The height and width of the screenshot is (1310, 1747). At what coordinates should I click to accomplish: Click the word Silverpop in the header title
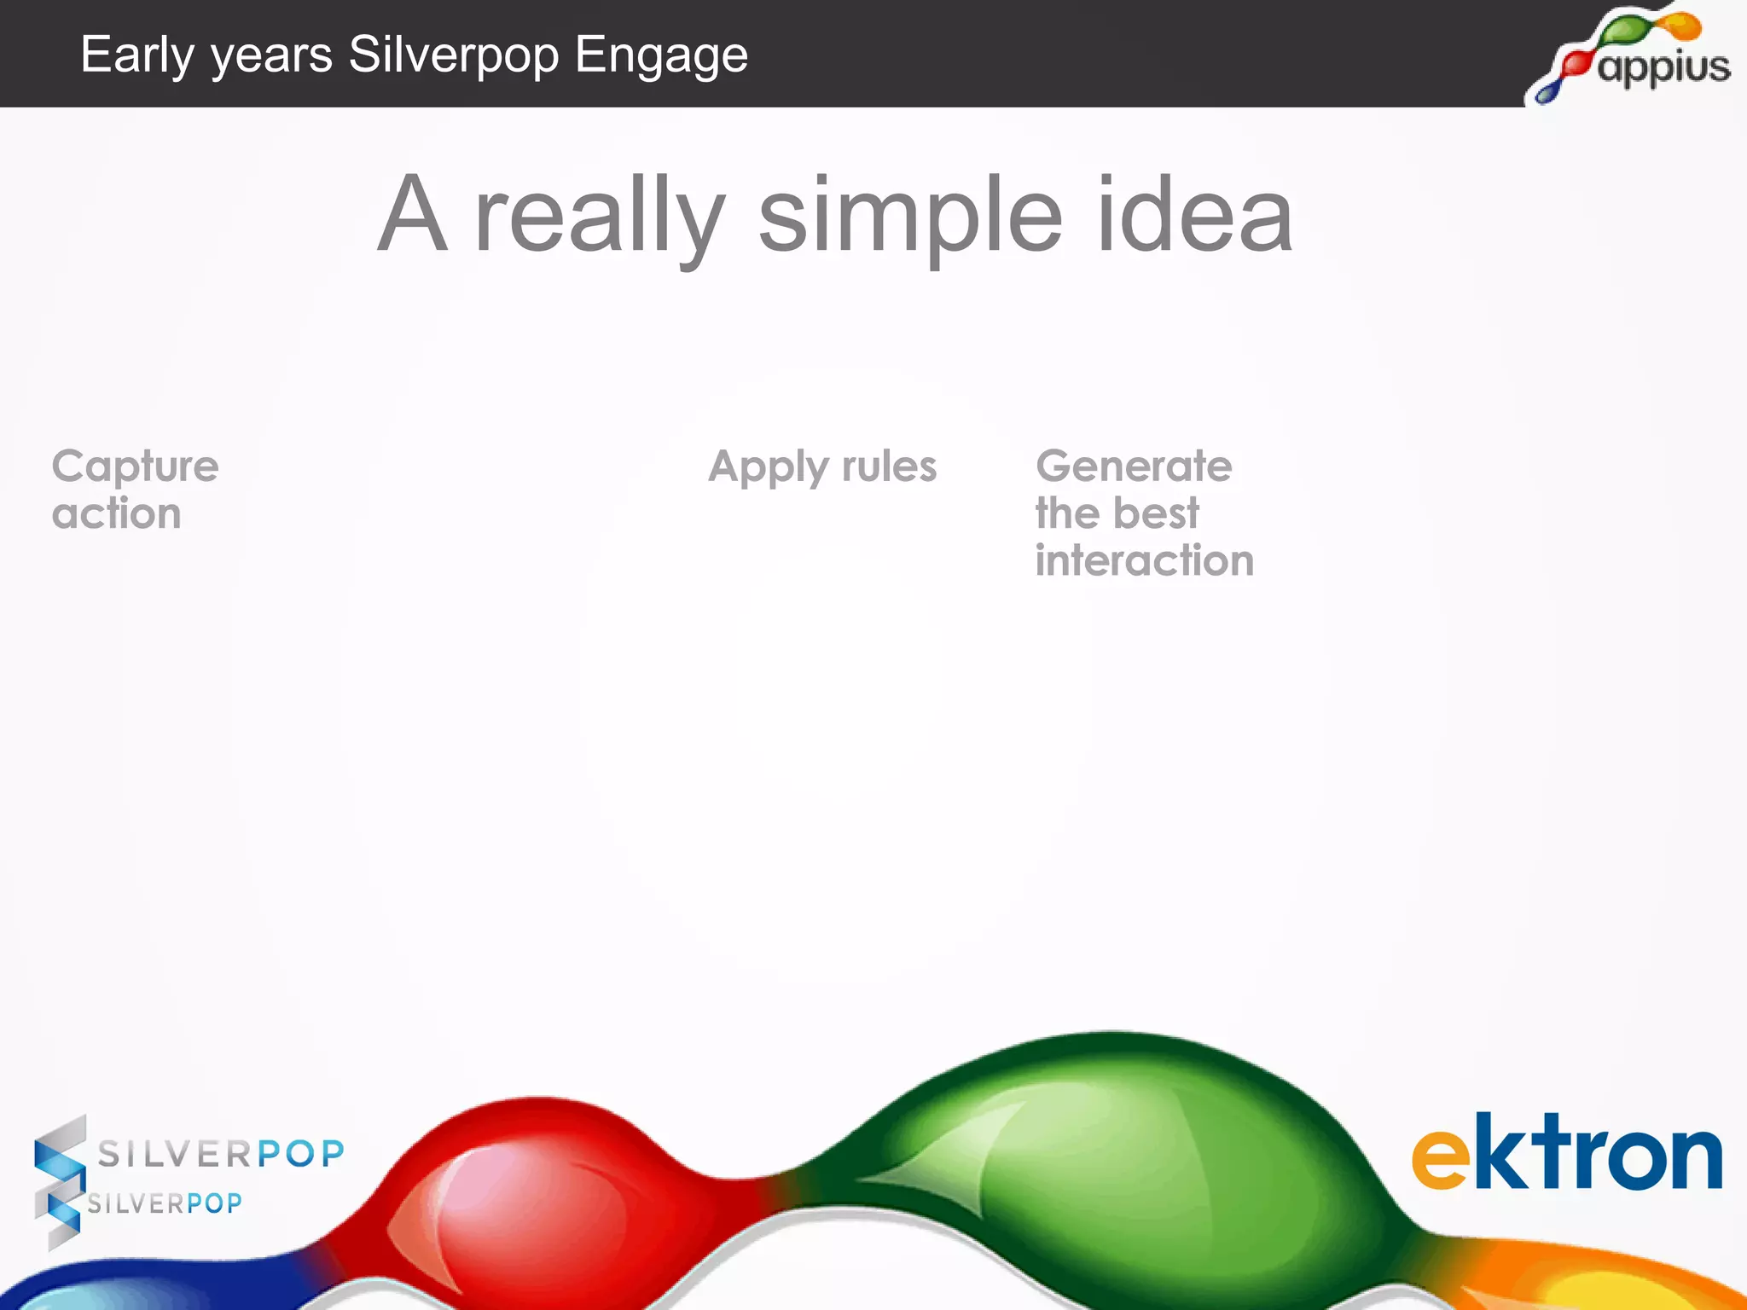(x=453, y=56)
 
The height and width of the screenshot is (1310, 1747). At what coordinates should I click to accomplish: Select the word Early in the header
(x=137, y=56)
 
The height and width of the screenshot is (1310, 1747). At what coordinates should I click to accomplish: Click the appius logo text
(x=1663, y=67)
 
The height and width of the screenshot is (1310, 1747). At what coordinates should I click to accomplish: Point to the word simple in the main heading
(x=910, y=217)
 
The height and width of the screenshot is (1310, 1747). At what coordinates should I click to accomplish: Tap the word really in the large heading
(x=600, y=217)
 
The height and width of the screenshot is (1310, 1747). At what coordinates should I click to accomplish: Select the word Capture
(x=135, y=467)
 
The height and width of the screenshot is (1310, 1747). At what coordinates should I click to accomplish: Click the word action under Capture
(x=116, y=514)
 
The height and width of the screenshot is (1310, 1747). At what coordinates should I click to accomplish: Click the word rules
(x=889, y=467)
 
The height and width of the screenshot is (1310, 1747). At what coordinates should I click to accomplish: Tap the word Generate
(x=1133, y=467)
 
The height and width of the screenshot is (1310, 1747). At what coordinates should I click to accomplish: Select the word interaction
(x=1144, y=561)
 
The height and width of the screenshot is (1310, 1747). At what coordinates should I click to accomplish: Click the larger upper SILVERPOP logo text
(x=221, y=1154)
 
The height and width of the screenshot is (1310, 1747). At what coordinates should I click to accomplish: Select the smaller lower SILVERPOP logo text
(x=165, y=1203)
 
